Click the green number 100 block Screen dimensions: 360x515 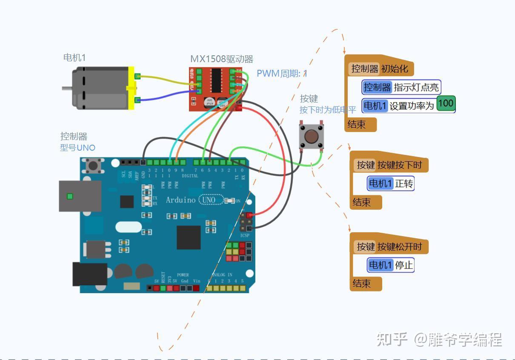click(446, 103)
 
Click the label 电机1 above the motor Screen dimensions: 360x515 click(74, 58)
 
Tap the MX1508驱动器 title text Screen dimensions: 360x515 click(221, 59)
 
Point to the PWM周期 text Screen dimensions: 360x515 click(281, 73)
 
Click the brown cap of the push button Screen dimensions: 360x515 click(311, 136)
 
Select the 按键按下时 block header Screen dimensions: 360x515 click(389, 165)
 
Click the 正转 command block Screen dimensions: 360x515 click(390, 184)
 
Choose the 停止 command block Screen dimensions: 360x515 click(390, 265)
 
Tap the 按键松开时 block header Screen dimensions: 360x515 click(389, 247)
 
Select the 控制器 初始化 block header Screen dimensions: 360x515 click(380, 69)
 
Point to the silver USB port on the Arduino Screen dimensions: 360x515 click(80, 196)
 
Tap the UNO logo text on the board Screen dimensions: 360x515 click(209, 200)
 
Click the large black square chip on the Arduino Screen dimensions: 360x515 click(189, 237)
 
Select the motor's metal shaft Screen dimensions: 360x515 click(67, 89)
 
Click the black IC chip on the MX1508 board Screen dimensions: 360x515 click(217, 80)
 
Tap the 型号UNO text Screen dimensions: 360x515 click(77, 148)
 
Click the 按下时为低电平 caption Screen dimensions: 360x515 click(327, 110)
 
